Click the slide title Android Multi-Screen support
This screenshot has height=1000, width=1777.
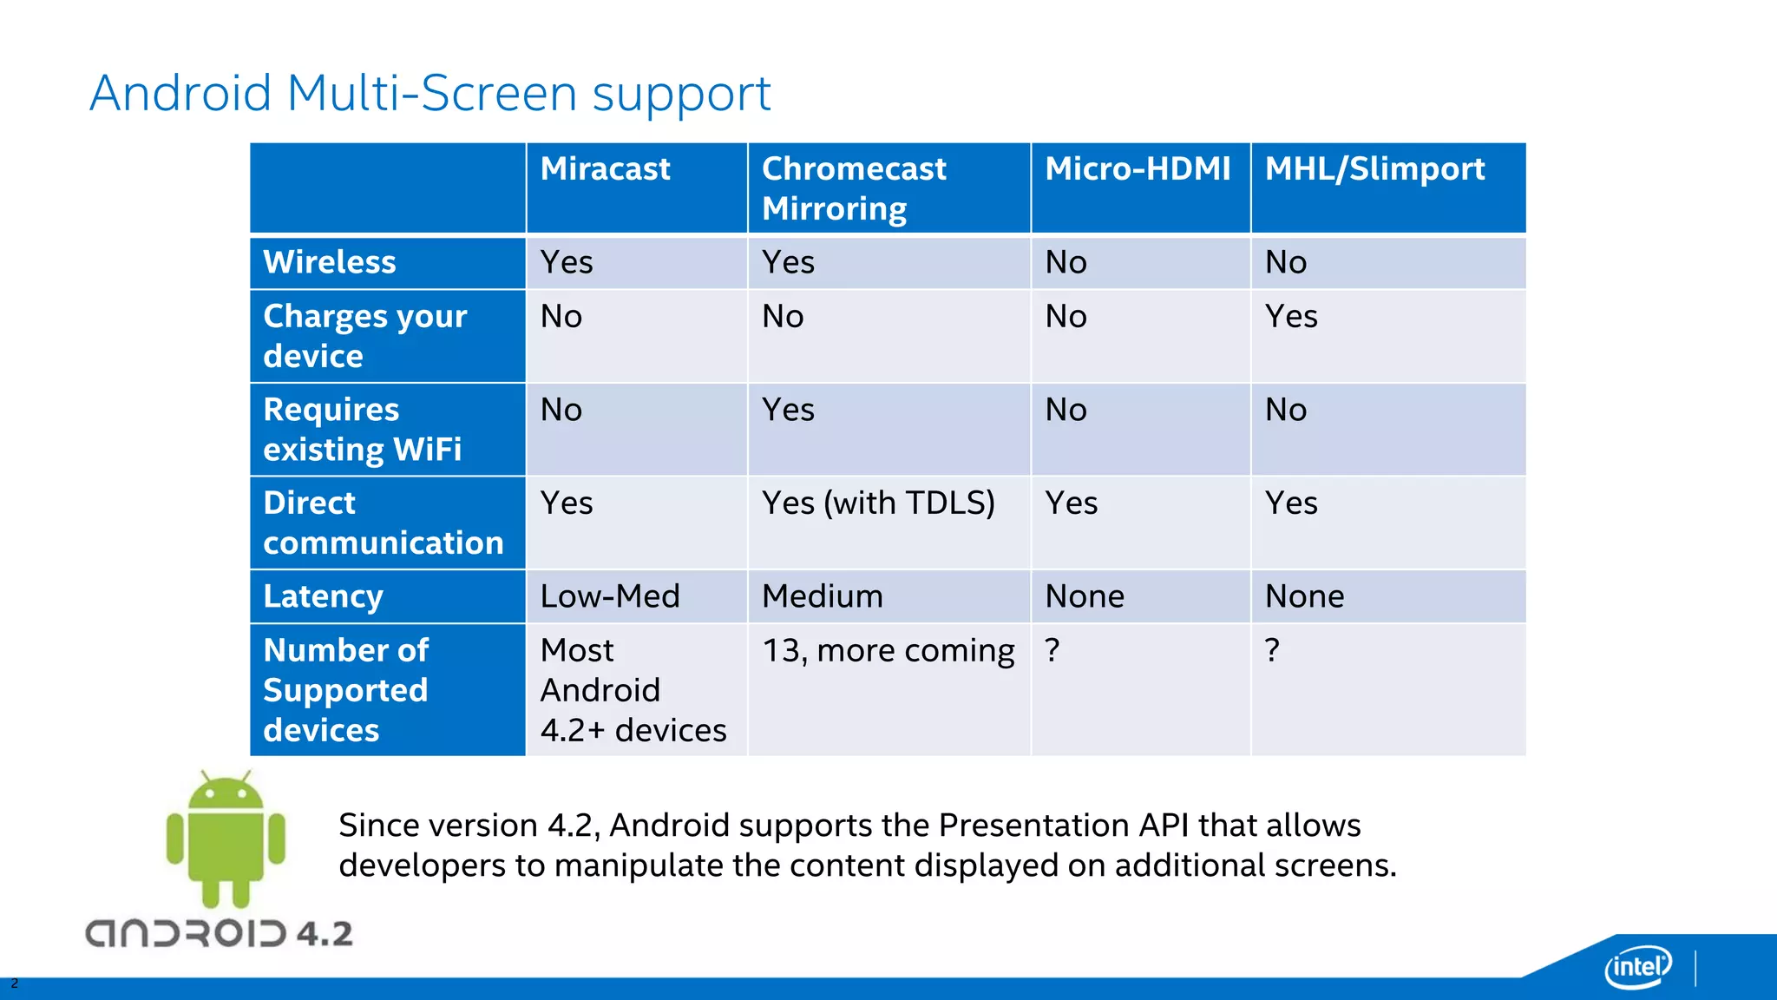point(429,93)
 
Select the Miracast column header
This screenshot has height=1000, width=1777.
point(605,169)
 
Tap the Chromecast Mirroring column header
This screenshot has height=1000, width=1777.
point(854,188)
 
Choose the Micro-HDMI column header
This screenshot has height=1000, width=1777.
point(1138,169)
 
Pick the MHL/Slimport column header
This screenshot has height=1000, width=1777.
point(1374,169)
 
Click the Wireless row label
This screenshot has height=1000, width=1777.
point(330,262)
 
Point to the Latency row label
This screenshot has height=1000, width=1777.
point(323,596)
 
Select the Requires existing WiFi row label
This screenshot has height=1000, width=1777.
point(362,430)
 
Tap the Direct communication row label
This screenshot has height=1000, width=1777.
point(383,523)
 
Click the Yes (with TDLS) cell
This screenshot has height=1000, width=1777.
point(878,503)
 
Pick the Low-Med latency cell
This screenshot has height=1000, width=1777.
point(610,596)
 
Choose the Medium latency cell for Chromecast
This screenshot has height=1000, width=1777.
point(823,596)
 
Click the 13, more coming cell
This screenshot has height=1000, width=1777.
point(888,651)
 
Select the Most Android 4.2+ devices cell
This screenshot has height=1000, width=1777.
point(633,690)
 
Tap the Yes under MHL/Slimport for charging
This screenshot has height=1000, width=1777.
point(1291,317)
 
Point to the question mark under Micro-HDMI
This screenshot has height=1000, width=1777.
point(1052,650)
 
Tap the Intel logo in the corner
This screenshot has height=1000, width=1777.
point(1638,966)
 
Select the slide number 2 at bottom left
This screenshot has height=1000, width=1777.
point(14,984)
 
